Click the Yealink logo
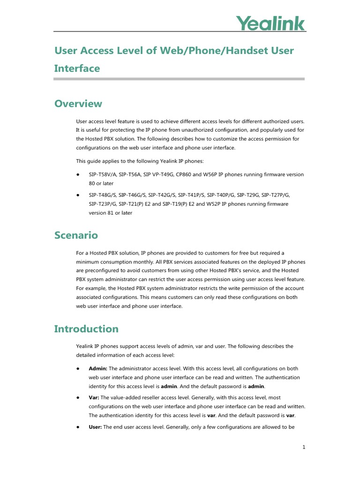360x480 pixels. click(270, 23)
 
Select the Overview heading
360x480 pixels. click(78, 104)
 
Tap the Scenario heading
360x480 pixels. click(76, 235)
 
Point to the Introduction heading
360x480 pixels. click(86, 329)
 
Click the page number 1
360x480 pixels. click(304, 447)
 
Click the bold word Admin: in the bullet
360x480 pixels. click(98, 369)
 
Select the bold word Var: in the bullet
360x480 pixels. click(94, 397)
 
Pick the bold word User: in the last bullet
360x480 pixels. click(96, 427)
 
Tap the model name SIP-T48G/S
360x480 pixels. click(102, 195)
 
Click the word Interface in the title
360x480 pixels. click(77, 68)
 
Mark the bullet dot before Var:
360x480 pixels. click(77, 397)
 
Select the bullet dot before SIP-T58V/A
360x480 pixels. click(77, 174)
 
